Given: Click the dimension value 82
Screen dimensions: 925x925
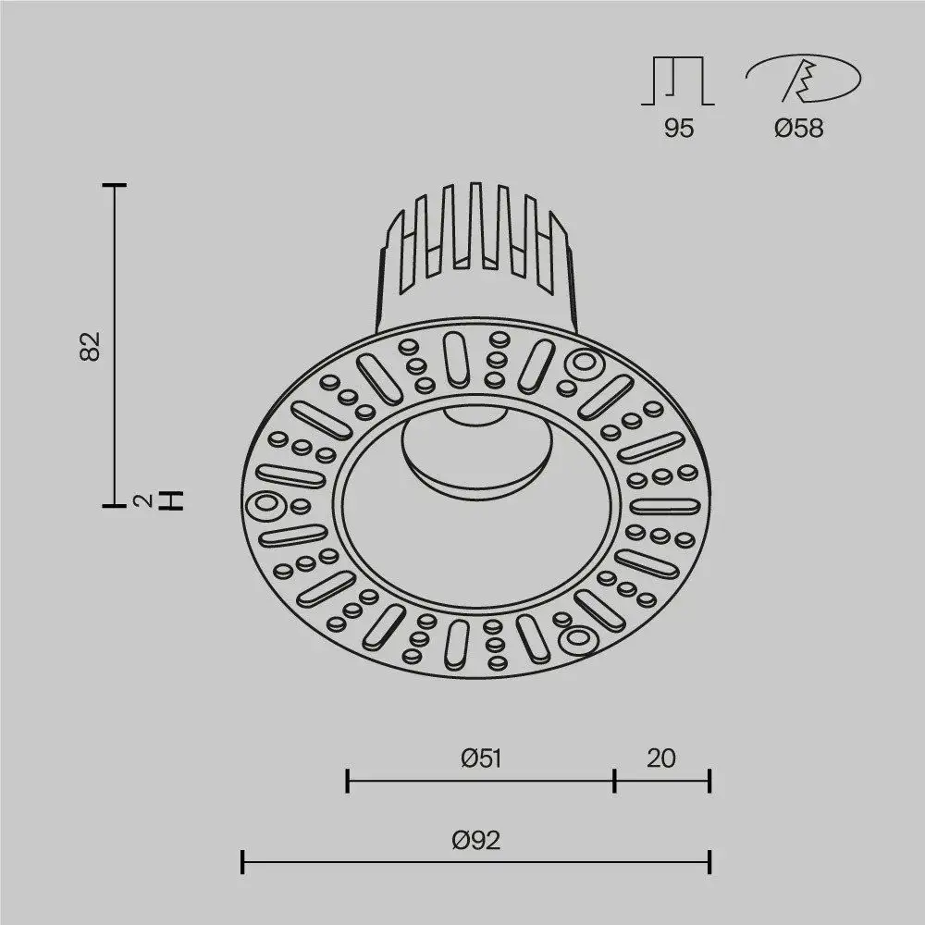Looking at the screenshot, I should (x=90, y=345).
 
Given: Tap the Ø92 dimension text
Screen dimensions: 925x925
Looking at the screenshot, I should (x=476, y=840).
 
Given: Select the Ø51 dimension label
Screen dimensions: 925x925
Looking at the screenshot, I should (x=481, y=758).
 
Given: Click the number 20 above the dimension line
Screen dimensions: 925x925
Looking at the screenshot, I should (x=661, y=758).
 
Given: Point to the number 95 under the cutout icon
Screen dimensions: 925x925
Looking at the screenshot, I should (x=678, y=129).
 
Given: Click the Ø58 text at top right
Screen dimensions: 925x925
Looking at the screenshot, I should (x=798, y=129).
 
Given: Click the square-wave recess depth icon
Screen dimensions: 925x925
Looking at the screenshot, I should (x=678, y=80).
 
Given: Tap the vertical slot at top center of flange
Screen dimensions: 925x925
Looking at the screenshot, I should (x=455, y=358).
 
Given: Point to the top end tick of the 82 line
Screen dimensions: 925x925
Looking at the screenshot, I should (x=114, y=186).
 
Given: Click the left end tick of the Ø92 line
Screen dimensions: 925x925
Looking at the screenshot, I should (x=242, y=862).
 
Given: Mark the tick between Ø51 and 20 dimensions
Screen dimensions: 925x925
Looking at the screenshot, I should (x=615, y=781).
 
